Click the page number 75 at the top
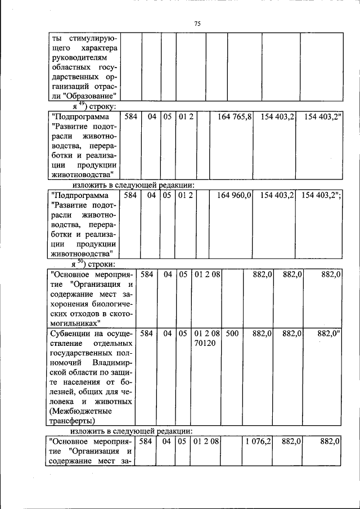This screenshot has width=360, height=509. coord(197,24)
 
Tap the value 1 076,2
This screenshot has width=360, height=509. coord(258,442)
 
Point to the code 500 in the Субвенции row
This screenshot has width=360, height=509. coord(232,334)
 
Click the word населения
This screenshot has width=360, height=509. coord(86,382)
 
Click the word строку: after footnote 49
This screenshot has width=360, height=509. coord(101,106)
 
